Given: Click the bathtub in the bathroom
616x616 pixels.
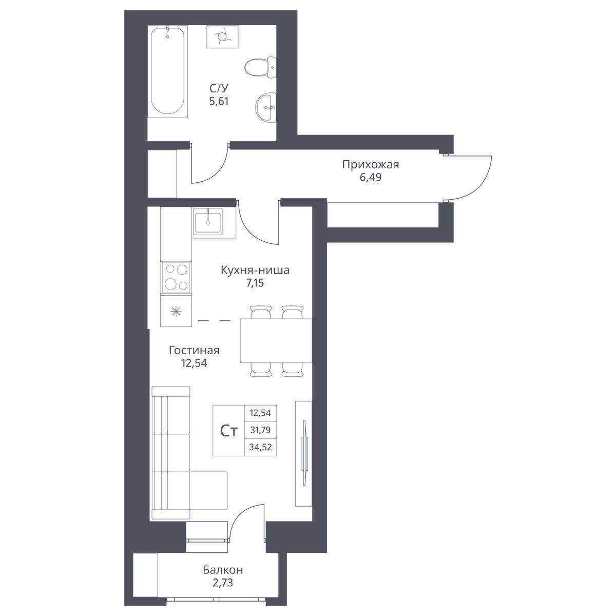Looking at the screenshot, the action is (x=167, y=71).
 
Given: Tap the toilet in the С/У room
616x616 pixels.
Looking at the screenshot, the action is (x=260, y=67).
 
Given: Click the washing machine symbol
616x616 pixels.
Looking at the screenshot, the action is (x=222, y=37).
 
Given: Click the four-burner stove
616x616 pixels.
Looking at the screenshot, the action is (x=176, y=278).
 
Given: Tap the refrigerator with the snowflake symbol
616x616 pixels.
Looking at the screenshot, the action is (x=176, y=311).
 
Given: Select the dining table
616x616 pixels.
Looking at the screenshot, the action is (x=276, y=340).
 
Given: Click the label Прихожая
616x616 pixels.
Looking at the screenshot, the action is (x=371, y=165).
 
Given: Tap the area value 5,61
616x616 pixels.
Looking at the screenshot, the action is (x=219, y=101).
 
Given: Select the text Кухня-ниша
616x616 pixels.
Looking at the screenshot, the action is (x=255, y=271).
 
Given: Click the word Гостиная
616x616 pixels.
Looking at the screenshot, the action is (x=194, y=351).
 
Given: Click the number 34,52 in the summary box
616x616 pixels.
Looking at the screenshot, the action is (x=260, y=447).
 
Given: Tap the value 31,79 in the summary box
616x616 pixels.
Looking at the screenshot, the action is (x=260, y=430).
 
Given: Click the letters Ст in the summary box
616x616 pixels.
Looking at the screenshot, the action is (x=229, y=432).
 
